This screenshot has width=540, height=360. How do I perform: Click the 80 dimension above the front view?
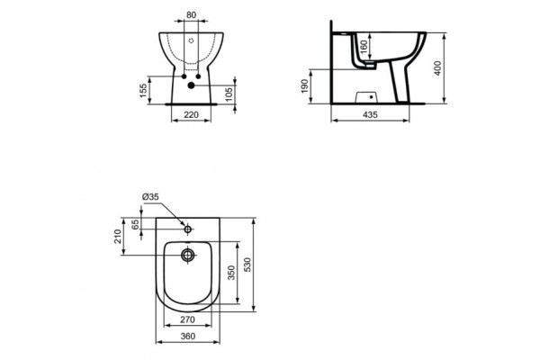(x=191, y=14)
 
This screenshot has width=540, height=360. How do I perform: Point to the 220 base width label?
(x=191, y=115)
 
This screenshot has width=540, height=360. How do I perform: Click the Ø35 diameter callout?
(x=151, y=198)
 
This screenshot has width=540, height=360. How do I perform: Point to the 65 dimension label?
(x=136, y=225)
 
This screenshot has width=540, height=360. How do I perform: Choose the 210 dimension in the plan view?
(x=118, y=236)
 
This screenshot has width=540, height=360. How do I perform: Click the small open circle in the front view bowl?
(x=192, y=41)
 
